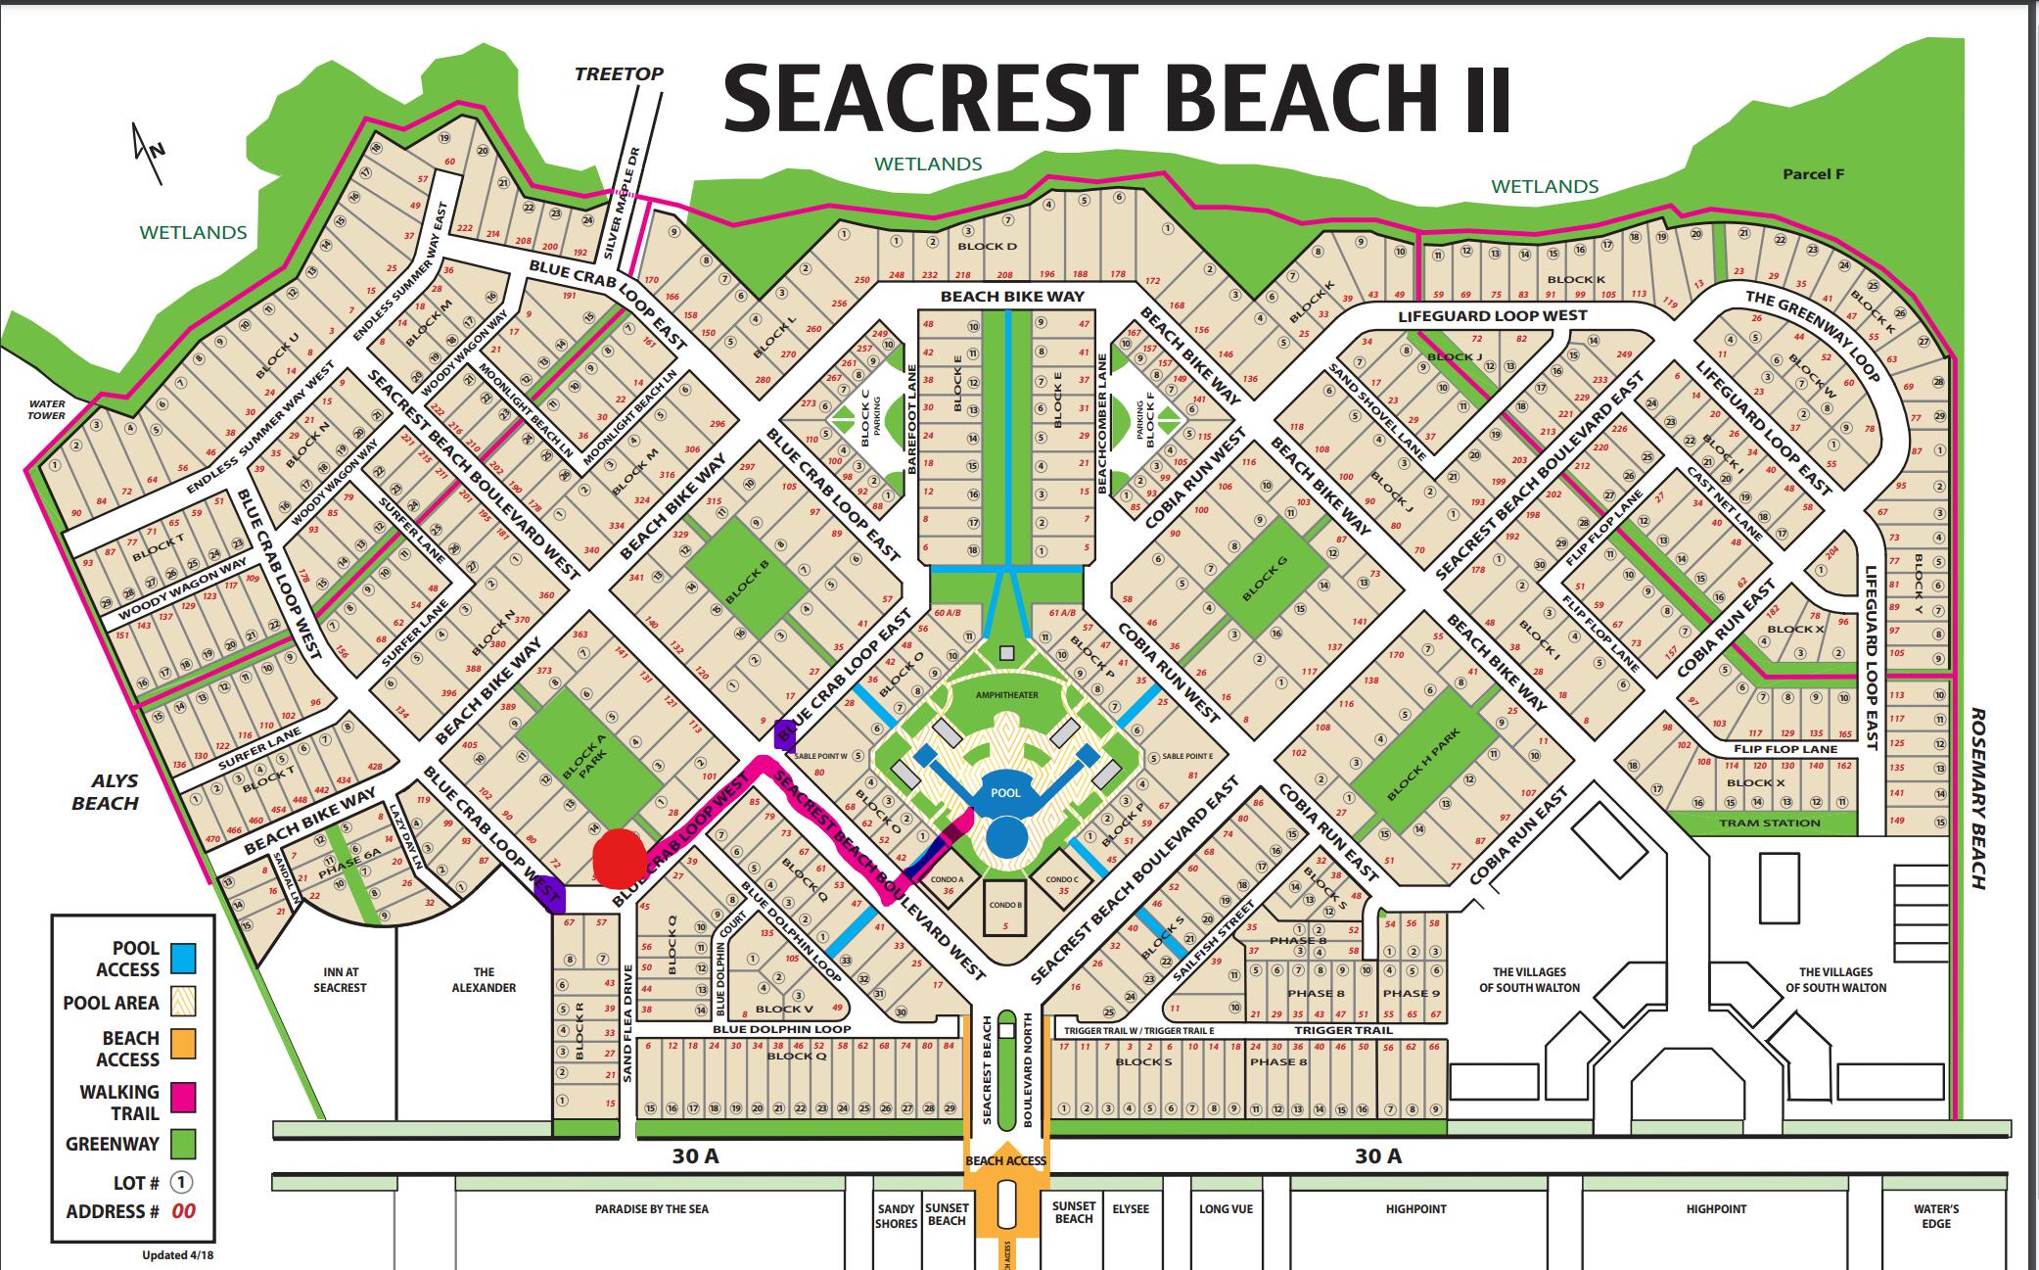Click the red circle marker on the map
point(618,855)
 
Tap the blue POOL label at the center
point(1005,793)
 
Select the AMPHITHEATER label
point(1006,694)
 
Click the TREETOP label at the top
point(619,73)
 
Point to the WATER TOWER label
point(47,409)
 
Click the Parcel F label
point(1813,174)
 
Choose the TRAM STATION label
point(1769,823)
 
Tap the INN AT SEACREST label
point(340,979)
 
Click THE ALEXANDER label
point(484,979)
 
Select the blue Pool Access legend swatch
point(182,959)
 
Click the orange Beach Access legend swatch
point(182,1044)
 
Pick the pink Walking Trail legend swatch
point(182,1098)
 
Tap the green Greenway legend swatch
point(182,1144)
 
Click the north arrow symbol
point(149,152)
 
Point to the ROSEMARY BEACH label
point(1978,798)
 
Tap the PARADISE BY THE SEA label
point(651,1209)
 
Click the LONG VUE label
point(1226,1209)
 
